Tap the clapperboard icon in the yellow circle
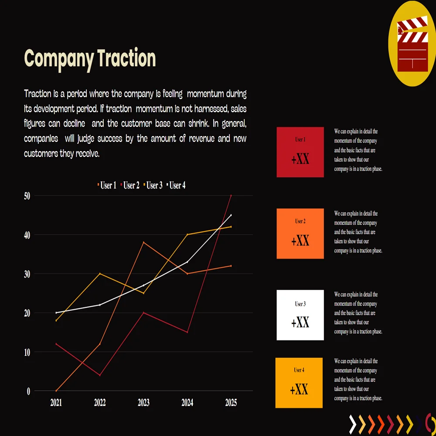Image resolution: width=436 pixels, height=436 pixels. [412, 44]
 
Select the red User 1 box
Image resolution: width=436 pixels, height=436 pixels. [300, 152]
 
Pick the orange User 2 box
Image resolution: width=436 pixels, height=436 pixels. [300, 234]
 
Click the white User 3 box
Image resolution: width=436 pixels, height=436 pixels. [300, 315]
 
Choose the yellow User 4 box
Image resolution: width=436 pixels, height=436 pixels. [299, 383]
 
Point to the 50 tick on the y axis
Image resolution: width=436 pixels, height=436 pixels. [27, 196]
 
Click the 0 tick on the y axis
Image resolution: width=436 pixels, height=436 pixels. [28, 391]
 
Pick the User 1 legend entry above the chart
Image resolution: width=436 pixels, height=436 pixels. [107, 186]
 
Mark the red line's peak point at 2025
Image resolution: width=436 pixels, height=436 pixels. [231, 196]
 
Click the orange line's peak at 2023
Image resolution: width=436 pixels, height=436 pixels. [143, 242]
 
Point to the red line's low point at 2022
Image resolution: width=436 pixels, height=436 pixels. [100, 375]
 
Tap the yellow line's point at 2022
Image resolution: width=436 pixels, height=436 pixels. [100, 274]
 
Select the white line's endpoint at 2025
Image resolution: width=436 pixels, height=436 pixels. [231, 215]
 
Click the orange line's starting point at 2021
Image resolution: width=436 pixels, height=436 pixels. [56, 391]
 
